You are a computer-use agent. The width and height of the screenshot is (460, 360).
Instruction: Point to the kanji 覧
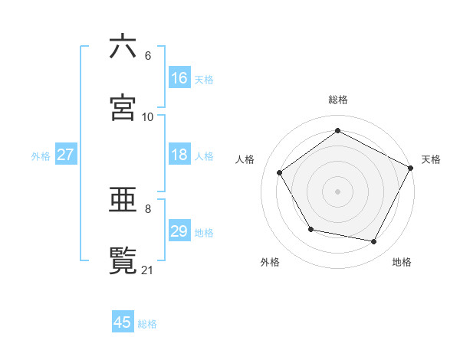123,260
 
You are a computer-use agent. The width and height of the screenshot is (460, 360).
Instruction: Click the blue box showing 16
179,78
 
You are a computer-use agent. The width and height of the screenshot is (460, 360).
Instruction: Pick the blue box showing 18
179,155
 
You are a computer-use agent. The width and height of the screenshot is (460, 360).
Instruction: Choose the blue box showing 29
179,231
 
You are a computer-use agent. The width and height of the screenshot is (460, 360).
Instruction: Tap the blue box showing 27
65,155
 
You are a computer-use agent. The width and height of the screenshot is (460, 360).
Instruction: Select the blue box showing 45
123,322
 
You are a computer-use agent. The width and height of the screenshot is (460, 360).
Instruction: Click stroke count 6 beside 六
148,56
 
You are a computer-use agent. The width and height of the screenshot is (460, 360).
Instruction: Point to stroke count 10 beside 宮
148,116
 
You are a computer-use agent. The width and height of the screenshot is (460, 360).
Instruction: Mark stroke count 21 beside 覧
148,270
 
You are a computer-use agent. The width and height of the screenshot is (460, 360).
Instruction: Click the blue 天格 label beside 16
204,79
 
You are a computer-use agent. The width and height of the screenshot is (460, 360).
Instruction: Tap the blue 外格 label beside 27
41,155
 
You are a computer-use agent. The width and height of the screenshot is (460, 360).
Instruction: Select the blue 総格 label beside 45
147,323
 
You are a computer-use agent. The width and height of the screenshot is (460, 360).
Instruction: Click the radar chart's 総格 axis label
338,100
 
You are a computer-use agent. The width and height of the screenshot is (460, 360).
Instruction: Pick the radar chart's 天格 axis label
431,159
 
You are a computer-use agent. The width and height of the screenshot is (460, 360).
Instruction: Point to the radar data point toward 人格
280,172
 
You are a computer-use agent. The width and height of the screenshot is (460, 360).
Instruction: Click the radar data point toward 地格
374,241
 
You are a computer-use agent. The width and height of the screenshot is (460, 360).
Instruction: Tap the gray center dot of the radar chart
338,191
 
